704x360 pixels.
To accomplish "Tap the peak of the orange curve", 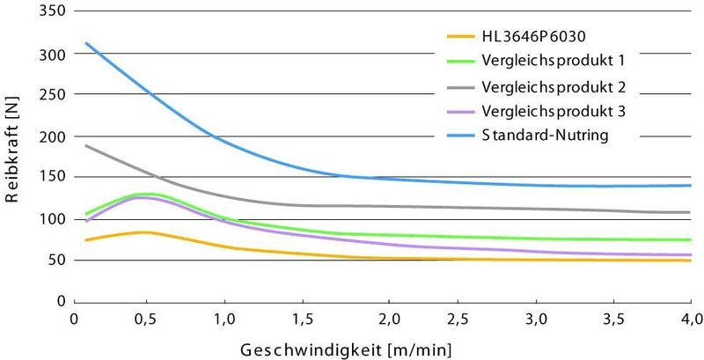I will [145, 232].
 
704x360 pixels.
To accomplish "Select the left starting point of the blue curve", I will [85, 42].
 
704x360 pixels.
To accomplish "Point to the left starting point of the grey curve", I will [85, 145].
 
